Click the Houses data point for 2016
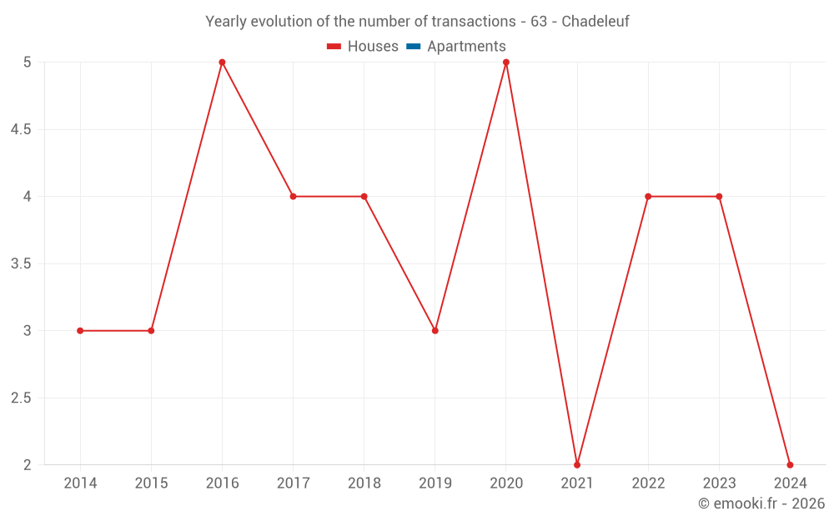point(222,63)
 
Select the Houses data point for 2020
point(506,63)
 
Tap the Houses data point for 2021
point(577,464)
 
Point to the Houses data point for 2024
point(790,464)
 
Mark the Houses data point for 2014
point(80,331)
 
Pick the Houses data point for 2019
point(435,331)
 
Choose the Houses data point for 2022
point(648,197)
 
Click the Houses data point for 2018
point(364,197)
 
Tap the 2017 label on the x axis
point(293,483)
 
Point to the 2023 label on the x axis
point(719,483)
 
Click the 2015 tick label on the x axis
point(151,483)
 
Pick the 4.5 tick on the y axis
point(21,130)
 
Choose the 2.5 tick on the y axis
point(21,398)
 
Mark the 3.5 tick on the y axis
point(21,264)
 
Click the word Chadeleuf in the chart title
point(595,21)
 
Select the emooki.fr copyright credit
point(761,503)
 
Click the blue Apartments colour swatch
point(414,47)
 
